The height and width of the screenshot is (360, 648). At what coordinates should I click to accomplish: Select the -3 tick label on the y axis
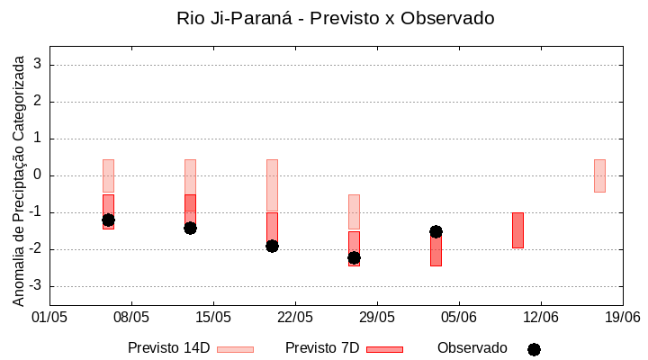pyautogui.click(x=36, y=286)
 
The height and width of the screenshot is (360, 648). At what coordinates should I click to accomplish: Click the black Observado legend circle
pyautogui.click(x=534, y=349)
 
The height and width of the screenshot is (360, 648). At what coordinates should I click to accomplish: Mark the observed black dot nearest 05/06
pyautogui.click(x=436, y=231)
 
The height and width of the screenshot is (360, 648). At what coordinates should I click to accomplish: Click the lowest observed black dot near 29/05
pyautogui.click(x=354, y=257)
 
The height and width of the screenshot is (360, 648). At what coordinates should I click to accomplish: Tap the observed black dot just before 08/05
pyautogui.click(x=108, y=220)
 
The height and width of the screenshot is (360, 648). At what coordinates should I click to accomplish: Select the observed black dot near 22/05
pyautogui.click(x=272, y=246)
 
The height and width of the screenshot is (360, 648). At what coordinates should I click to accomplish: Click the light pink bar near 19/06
pyautogui.click(x=599, y=175)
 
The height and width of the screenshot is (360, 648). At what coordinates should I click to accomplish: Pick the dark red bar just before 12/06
pyautogui.click(x=517, y=229)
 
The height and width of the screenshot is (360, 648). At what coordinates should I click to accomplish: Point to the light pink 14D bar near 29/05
pyautogui.click(x=354, y=211)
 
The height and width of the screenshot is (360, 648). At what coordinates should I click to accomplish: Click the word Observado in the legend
pyautogui.click(x=472, y=348)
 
